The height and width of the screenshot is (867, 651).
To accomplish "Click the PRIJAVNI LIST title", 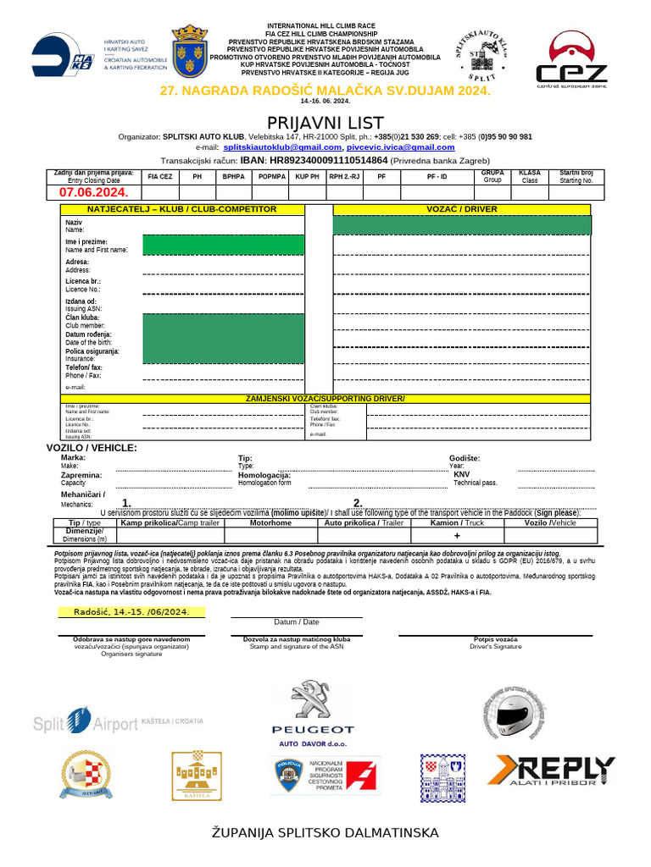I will tap(325, 123).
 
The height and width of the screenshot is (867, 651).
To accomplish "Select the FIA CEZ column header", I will tap(159, 177).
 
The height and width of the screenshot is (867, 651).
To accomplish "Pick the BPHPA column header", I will tap(233, 177).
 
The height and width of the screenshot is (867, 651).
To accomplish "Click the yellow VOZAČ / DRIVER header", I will tap(461, 208).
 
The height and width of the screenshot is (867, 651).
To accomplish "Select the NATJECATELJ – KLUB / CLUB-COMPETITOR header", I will tap(181, 208).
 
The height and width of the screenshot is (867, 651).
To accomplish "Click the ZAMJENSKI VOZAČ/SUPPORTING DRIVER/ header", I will tap(325, 399).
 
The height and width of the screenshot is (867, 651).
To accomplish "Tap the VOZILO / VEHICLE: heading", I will tap(92, 447).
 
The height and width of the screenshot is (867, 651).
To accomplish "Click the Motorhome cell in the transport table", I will tap(270, 523).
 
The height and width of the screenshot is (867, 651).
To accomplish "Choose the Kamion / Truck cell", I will tap(457, 523).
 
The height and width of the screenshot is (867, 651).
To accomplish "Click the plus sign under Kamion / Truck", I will tap(457, 536).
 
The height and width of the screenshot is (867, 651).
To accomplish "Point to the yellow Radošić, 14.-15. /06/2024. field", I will tap(131, 611).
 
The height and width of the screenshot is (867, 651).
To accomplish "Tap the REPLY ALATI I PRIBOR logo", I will tap(554, 772).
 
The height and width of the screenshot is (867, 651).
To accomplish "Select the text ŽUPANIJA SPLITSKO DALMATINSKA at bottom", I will tap(325, 833).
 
